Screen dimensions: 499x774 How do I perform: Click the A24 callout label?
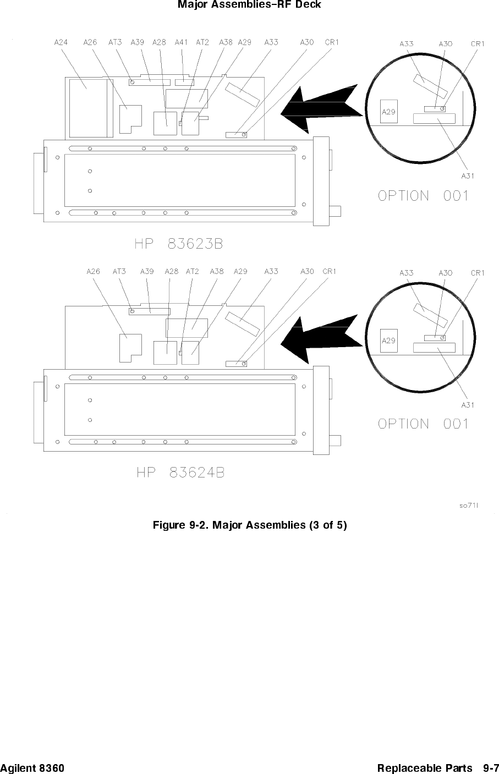point(61,42)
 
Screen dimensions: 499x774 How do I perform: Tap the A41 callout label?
point(181,42)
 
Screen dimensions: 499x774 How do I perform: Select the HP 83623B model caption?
point(179,244)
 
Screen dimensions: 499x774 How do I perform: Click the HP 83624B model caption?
point(180,473)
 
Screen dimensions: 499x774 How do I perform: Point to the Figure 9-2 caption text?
point(250,525)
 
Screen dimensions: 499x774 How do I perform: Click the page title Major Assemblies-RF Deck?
point(249,4)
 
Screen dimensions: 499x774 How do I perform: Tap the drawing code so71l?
point(469,506)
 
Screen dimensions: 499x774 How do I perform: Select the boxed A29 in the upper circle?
point(389,112)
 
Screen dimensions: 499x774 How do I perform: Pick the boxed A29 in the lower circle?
point(389,341)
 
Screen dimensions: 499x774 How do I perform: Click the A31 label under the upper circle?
point(468,176)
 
